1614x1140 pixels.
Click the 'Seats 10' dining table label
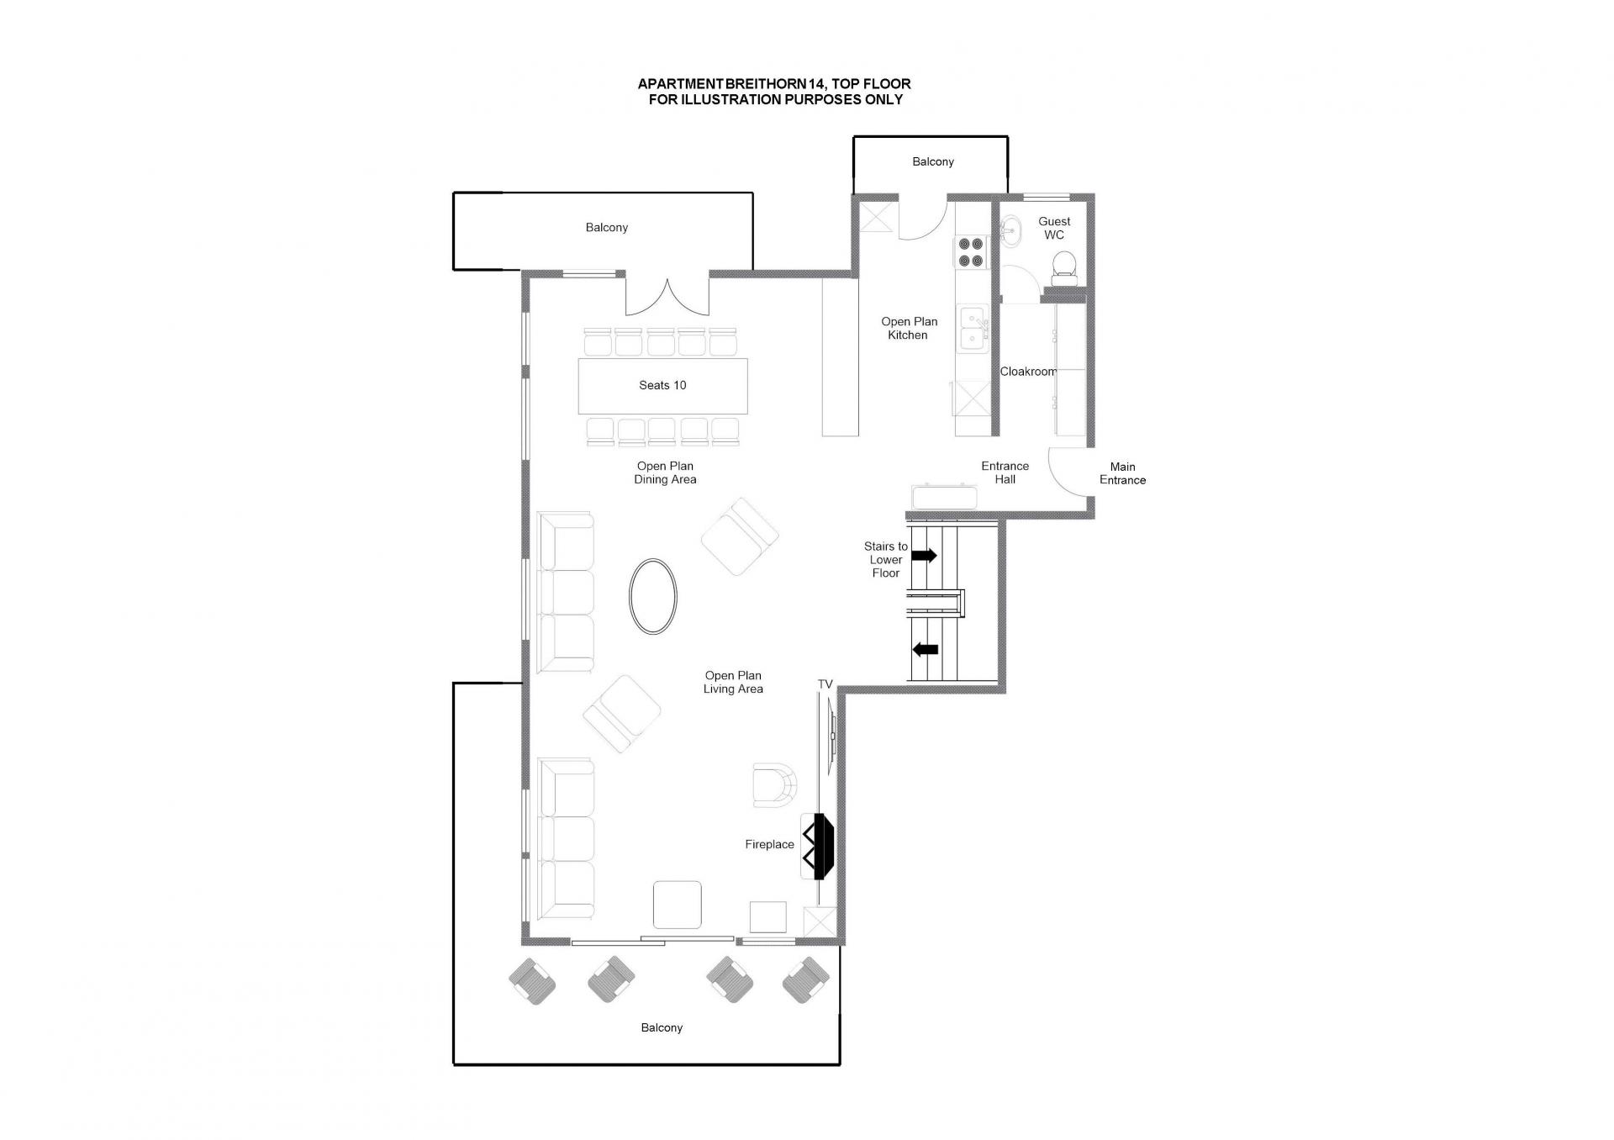[x=662, y=385]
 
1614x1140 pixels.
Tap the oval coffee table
[x=652, y=596]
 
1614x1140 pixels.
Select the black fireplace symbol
[x=819, y=846]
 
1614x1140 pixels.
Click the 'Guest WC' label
[x=1054, y=228]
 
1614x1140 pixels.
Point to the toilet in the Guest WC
[x=1065, y=265]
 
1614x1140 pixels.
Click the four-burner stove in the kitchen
[x=971, y=252]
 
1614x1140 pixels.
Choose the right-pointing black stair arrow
[x=925, y=555]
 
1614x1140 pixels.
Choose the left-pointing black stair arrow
[x=926, y=649]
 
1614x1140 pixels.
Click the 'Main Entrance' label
[x=1122, y=473]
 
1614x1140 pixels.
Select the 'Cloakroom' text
[x=1028, y=372]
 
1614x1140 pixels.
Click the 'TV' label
[x=825, y=684]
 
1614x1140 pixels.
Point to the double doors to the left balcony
[x=667, y=297]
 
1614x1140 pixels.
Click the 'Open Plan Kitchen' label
[x=909, y=328]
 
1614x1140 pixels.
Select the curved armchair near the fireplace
[x=774, y=785]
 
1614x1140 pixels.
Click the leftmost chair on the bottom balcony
[x=532, y=981]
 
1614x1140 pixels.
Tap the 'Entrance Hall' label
[x=1005, y=472]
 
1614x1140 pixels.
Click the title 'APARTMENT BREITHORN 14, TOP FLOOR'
[x=774, y=84]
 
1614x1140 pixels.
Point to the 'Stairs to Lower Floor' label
[x=886, y=560]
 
